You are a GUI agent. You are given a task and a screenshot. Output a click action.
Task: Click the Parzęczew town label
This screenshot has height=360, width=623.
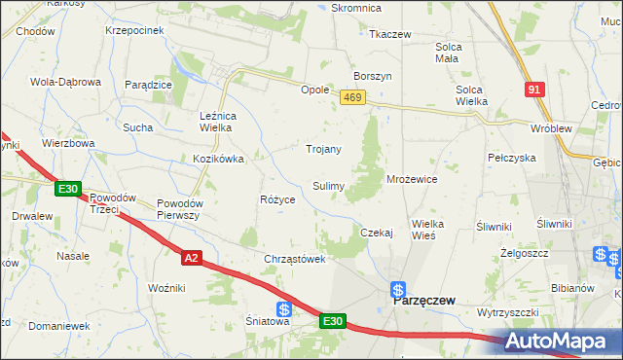click(425, 302)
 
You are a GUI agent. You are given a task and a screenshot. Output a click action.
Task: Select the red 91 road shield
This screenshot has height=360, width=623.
click(532, 89)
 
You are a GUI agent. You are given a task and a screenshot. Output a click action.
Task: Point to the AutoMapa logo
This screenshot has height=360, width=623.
click(562, 342)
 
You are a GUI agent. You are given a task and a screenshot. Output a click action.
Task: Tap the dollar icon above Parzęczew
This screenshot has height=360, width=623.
click(398, 288)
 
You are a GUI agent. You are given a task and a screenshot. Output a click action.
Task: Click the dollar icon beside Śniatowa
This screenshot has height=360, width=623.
click(282, 309)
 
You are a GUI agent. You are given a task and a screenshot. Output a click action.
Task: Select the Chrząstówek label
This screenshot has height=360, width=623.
click(293, 259)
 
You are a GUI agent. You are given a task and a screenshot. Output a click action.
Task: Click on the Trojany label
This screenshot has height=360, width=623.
click(324, 149)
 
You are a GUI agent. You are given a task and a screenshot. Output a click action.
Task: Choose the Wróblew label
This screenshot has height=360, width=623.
click(549, 128)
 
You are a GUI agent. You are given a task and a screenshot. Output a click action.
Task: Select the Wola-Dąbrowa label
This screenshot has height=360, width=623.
click(66, 82)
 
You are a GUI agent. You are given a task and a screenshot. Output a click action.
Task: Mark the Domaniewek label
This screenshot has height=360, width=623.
click(59, 326)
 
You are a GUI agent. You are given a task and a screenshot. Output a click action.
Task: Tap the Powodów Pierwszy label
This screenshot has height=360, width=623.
click(178, 209)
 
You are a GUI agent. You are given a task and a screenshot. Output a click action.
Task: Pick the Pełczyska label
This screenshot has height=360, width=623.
click(512, 157)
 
